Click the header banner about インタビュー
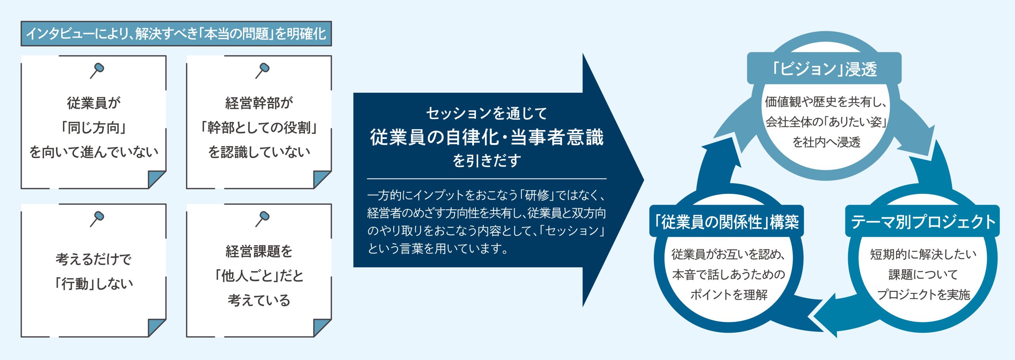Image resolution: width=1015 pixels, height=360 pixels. point(176,34)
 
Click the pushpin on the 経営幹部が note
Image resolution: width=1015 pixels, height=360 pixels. point(262,71)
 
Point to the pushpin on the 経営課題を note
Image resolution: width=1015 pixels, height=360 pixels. point(262,219)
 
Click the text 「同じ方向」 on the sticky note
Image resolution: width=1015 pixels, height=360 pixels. point(94,128)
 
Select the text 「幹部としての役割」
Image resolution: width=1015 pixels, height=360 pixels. point(259,128)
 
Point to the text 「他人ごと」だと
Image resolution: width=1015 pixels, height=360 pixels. point(259,276)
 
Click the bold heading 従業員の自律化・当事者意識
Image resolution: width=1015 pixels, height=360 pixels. point(487,137)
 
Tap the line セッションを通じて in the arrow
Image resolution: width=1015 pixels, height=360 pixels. point(487,113)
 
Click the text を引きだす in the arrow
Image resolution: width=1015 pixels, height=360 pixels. point(487,161)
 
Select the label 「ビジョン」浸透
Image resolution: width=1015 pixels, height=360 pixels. point(824,69)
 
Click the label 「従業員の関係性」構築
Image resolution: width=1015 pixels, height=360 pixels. point(726,222)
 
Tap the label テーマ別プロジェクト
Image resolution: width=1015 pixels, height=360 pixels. point(923,222)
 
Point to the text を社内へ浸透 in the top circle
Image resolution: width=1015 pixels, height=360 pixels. point(826,142)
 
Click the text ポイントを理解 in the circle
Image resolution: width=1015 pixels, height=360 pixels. point(729,295)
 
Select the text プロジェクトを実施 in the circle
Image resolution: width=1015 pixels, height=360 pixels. point(923,295)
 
